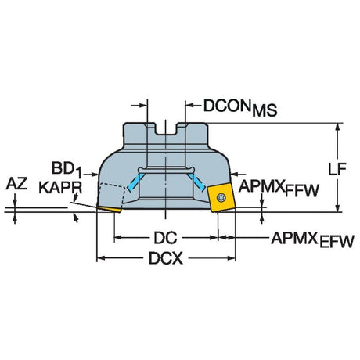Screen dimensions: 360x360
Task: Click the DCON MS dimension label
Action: tap(240, 107)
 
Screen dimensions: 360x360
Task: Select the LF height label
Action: tap(337, 169)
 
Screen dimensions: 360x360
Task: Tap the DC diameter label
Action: tap(166, 238)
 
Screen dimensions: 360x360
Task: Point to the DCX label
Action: tap(166, 259)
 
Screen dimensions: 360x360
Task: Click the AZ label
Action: tap(16, 184)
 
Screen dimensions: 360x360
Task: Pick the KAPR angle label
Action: tap(60, 188)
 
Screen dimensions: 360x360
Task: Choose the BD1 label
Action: tap(67, 169)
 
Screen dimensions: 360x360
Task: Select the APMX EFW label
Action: tap(312, 239)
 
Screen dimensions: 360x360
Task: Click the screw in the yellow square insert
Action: tap(221, 198)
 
